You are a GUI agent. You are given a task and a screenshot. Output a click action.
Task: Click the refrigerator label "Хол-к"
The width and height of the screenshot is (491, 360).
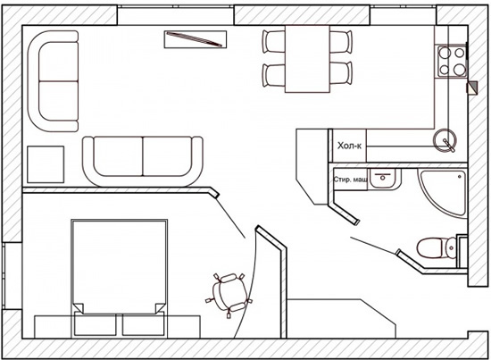pos(349,146)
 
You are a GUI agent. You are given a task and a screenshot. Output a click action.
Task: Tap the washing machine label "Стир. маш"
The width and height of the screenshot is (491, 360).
pos(351,180)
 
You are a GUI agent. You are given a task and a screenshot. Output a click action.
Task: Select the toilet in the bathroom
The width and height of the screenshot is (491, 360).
pos(437,247)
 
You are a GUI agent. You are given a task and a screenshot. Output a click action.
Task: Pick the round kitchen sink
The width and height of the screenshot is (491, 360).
pos(445,140)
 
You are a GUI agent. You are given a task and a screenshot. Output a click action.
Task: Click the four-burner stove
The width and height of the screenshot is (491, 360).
pos(452,61)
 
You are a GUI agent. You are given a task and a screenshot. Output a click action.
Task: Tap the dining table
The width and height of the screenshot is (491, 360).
pos(307,59)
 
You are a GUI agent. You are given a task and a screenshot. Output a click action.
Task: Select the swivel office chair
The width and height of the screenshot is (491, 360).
pos(229,295)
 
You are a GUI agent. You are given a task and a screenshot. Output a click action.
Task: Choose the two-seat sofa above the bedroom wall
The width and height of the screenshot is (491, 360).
pos(143,161)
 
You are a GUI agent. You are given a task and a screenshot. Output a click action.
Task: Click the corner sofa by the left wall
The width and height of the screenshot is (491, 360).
pos(53,81)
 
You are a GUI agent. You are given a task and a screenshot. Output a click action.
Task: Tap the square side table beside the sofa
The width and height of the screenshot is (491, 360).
pos(46,164)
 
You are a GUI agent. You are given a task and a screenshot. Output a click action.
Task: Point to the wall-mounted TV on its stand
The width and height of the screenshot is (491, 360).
pos(196,39)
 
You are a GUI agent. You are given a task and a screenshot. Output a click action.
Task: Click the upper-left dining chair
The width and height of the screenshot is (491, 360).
pos(273,41)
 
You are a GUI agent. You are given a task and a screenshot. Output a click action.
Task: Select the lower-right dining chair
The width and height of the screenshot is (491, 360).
pos(341,73)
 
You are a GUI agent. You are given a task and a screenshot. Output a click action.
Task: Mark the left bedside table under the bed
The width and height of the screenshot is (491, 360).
pos(96,324)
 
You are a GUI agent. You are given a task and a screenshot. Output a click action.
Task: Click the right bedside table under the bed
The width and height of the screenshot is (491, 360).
pos(143,324)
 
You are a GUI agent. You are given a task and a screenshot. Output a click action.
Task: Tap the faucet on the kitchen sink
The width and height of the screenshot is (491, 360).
pos(449,145)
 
